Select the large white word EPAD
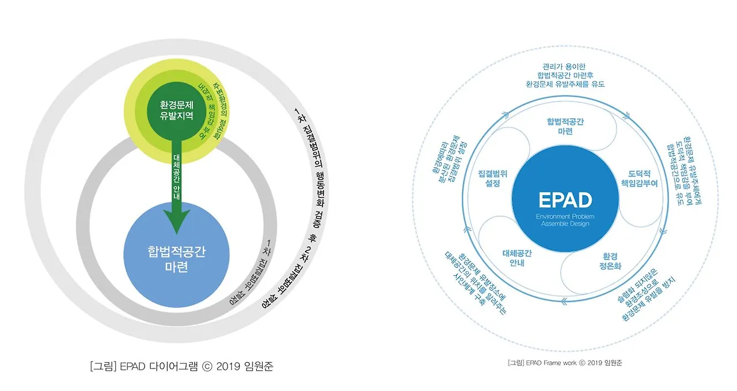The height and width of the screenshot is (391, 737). point(565,200)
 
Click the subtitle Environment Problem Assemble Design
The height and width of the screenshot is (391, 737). point(565,219)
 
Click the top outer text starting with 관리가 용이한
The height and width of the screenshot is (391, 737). point(565,74)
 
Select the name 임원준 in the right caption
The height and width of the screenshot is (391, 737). point(613,363)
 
